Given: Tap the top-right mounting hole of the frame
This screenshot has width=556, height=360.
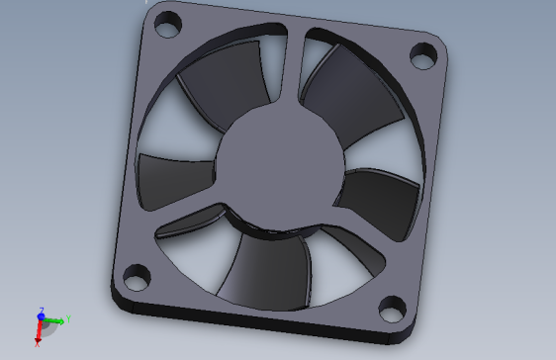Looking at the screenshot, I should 424,55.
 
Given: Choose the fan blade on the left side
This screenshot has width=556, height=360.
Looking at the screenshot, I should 173,178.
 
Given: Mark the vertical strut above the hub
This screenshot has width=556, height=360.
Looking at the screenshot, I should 295,69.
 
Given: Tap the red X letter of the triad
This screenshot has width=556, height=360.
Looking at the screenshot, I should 37,344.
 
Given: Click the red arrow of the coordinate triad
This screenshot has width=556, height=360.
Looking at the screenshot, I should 40,332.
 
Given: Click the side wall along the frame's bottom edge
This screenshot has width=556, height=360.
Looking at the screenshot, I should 247,319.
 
